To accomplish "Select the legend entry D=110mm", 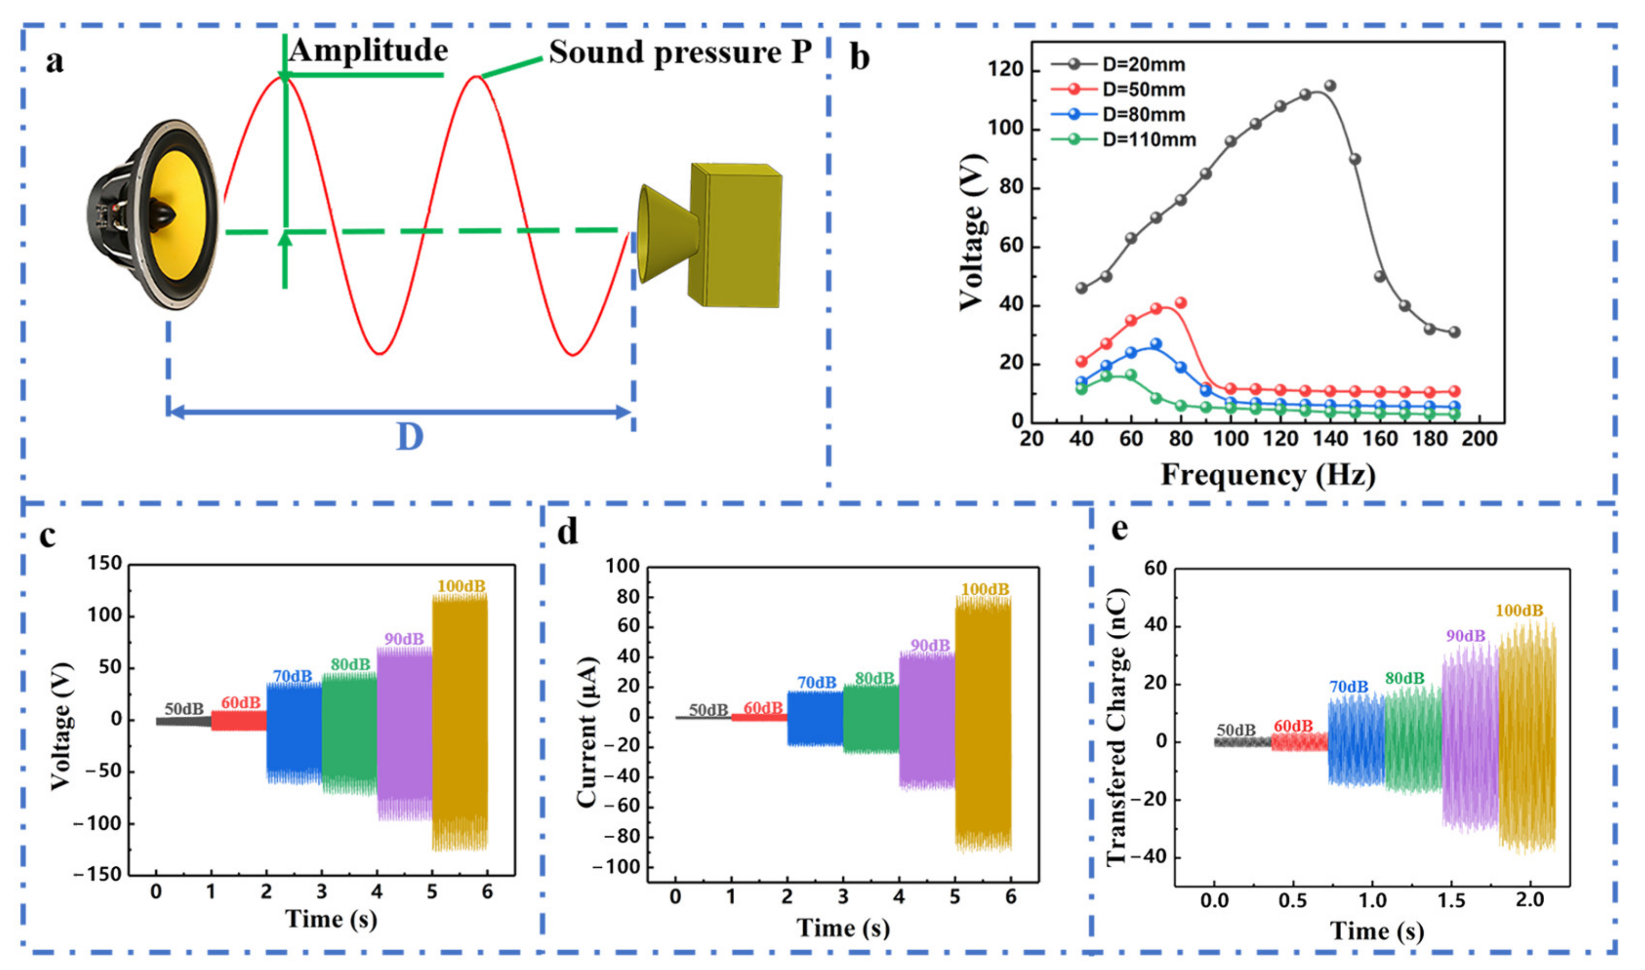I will (1148, 140).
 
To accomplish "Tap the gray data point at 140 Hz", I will (1329, 86).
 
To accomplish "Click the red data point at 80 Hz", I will (1180, 303).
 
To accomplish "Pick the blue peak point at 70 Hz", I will (1156, 344).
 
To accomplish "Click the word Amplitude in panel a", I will (369, 50).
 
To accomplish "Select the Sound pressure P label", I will (680, 52).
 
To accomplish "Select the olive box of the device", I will (736, 235).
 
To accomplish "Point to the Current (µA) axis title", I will (587, 731).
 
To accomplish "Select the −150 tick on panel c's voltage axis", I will (98, 875).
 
